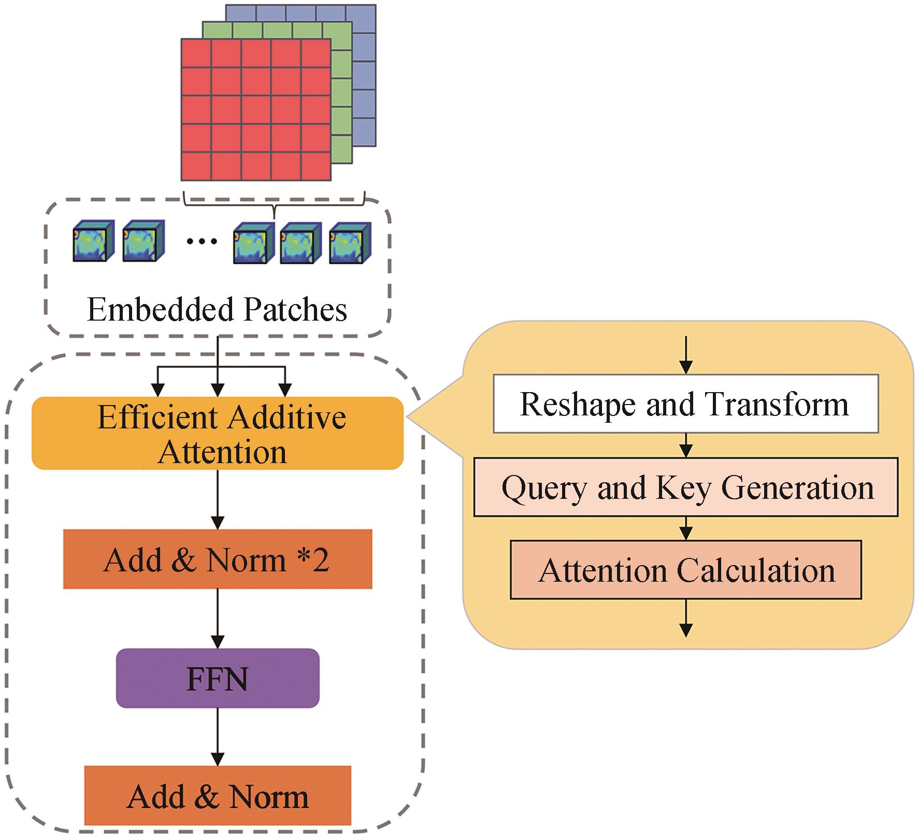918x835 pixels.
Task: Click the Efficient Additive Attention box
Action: click(218, 434)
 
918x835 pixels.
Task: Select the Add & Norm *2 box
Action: click(218, 559)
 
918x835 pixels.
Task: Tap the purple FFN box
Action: click(218, 679)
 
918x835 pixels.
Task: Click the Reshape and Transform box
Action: click(685, 404)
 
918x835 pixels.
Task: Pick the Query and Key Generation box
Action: click(685, 487)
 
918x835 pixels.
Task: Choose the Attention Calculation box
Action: click(685, 570)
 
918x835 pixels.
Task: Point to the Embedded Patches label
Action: click(217, 310)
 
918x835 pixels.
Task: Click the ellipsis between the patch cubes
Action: click(201, 241)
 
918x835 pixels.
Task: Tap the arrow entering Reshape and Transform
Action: click(685, 355)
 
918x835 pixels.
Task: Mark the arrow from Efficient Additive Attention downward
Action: click(218, 499)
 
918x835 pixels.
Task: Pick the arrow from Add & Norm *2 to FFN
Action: click(218, 618)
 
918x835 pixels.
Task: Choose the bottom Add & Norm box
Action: click(218, 797)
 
